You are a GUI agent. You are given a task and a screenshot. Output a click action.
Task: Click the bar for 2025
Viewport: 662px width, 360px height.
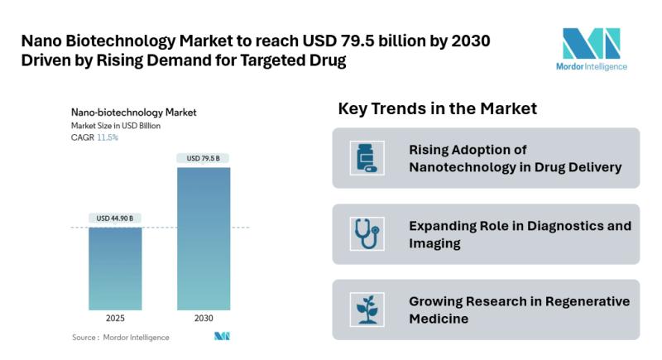(x=115, y=268)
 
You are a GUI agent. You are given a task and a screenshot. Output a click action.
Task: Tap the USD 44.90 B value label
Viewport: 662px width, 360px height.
(x=115, y=218)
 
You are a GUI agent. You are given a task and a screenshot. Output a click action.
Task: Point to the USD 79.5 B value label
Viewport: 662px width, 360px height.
(x=203, y=158)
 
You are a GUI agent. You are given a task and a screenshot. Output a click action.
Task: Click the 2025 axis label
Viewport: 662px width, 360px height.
(x=115, y=318)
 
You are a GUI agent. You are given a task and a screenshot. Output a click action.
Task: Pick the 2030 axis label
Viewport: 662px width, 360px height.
(x=203, y=318)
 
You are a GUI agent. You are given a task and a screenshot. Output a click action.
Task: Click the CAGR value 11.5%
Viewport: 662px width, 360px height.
(x=108, y=137)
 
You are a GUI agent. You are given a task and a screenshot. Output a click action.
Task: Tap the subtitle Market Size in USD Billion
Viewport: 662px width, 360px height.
(x=116, y=126)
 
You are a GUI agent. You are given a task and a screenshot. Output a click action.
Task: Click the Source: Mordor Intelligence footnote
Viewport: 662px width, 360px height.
(x=121, y=337)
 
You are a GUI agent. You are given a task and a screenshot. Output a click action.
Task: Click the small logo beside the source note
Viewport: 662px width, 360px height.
(x=221, y=336)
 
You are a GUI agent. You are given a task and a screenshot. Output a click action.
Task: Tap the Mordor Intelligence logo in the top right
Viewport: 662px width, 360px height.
(x=591, y=49)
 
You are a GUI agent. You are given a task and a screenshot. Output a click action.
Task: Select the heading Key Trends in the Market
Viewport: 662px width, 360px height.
(x=438, y=108)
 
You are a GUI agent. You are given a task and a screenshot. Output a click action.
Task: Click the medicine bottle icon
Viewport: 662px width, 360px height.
(x=365, y=158)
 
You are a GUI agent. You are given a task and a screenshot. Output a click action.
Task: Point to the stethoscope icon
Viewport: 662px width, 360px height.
(x=365, y=233)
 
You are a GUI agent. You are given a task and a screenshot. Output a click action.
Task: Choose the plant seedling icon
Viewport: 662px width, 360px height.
(x=365, y=310)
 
